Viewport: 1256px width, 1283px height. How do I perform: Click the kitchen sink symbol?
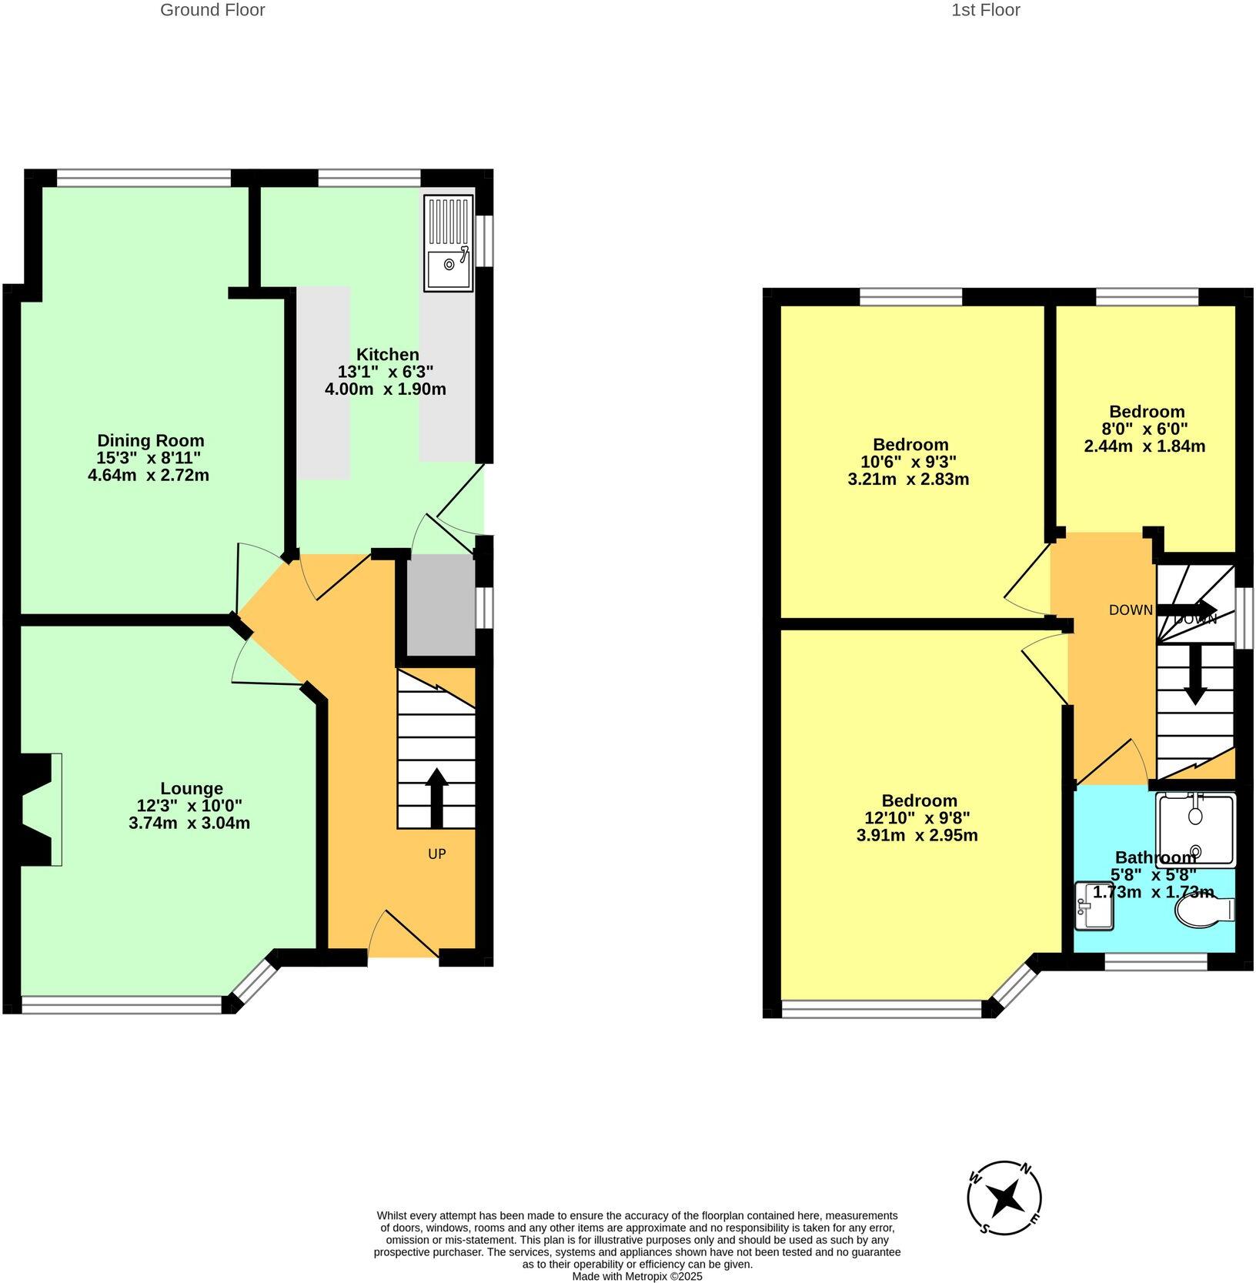tap(448, 243)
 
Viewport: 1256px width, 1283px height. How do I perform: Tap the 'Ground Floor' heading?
tap(212, 10)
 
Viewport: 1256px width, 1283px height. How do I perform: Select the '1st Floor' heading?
tap(985, 10)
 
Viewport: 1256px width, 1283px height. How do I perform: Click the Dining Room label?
tap(150, 441)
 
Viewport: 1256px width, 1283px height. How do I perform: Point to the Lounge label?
tap(192, 788)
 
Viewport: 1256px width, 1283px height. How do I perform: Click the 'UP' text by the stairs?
tap(436, 854)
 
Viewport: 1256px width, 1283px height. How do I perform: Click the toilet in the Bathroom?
tap(1204, 911)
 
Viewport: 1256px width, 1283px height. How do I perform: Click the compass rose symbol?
tap(1004, 1198)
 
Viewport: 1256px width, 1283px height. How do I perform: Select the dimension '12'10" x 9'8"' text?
tap(917, 817)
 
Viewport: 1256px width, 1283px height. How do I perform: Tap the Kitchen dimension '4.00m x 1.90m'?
tap(385, 389)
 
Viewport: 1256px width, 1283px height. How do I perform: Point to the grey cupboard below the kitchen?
tap(440, 605)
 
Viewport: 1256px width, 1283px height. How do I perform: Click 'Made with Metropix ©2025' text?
tap(636, 1276)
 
